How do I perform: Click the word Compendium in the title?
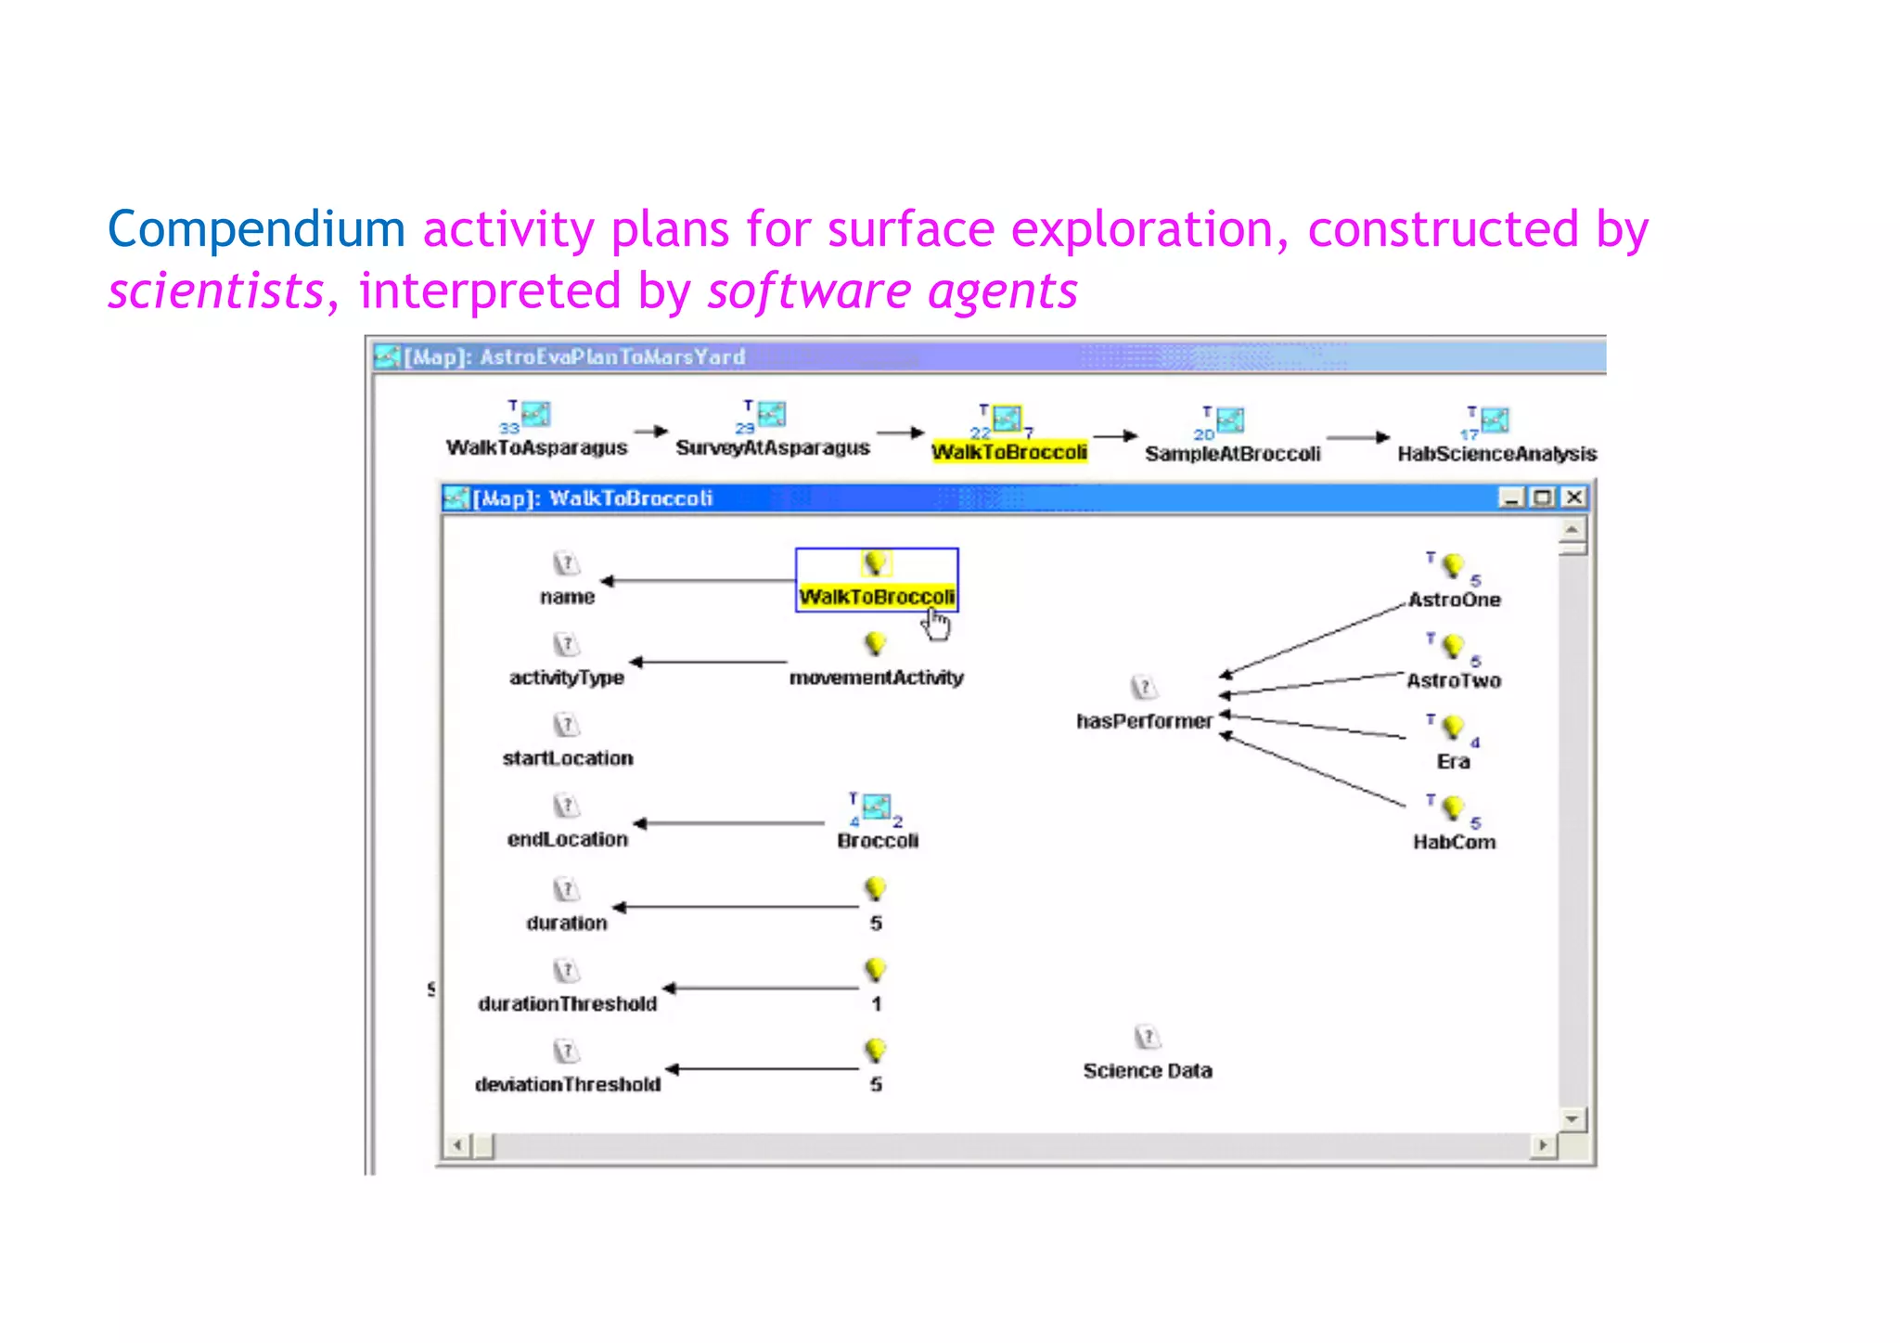point(256,229)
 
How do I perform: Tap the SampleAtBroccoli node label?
point(1232,454)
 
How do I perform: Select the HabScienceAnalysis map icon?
point(1494,420)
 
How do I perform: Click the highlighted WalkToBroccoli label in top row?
point(1009,452)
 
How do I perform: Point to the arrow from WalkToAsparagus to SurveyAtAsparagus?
point(651,432)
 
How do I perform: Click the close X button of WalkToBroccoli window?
point(1574,497)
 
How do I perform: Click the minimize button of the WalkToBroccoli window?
point(1511,497)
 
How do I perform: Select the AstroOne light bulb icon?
point(1453,565)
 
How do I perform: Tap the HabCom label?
point(1454,843)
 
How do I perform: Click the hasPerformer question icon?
point(1144,688)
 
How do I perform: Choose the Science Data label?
point(1148,1071)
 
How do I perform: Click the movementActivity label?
point(876,678)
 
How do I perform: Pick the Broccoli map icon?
point(876,807)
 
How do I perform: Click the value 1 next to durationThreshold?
point(876,1004)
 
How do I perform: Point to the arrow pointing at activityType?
point(710,663)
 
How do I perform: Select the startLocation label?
point(568,759)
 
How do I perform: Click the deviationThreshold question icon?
point(566,1052)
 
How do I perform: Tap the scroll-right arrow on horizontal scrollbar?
point(1543,1145)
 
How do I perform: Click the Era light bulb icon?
point(1453,727)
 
